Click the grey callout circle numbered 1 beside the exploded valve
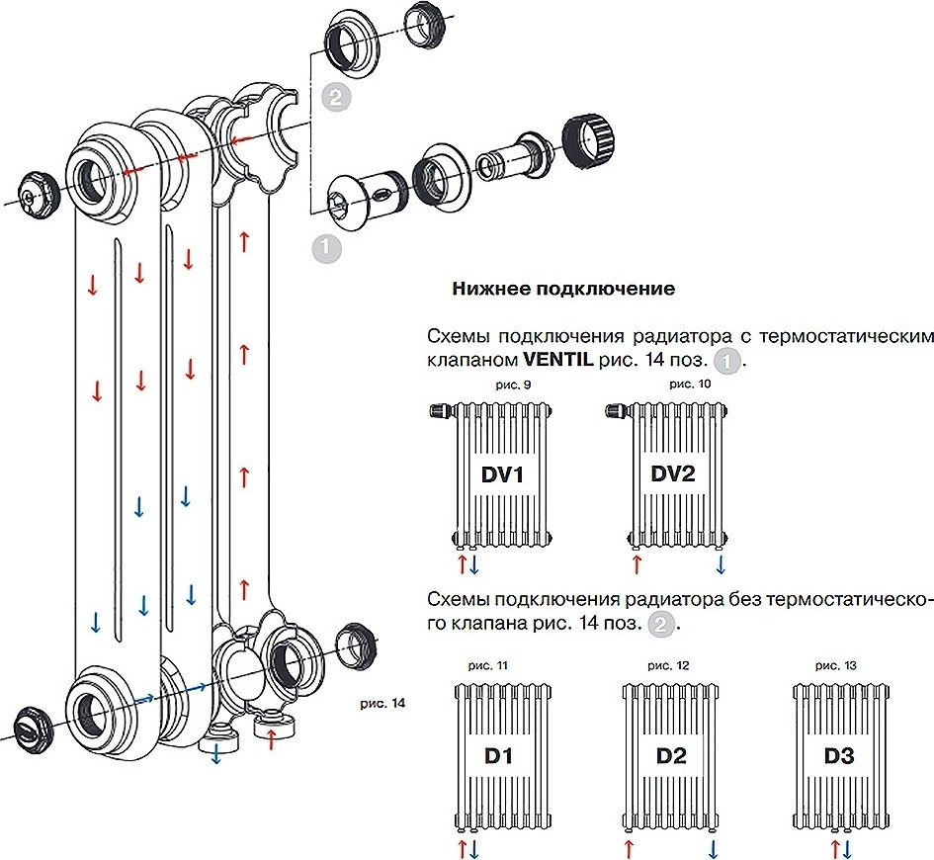[x=327, y=247]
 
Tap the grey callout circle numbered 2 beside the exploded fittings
[x=335, y=97]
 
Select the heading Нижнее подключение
[x=563, y=289]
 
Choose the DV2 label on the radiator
[x=673, y=474]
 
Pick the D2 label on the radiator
[x=670, y=759]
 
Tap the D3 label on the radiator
[x=840, y=759]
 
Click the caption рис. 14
[x=384, y=704]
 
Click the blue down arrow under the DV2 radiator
[x=721, y=564]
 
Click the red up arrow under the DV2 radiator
[x=636, y=564]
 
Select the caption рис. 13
[x=839, y=666]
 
